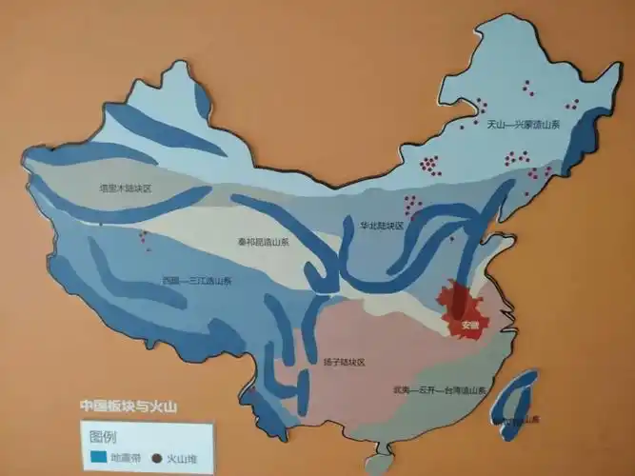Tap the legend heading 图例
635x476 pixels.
[x=103, y=436]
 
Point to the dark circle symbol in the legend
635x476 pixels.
[x=158, y=458]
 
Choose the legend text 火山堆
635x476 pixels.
[x=183, y=458]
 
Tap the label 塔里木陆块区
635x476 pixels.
[x=126, y=188]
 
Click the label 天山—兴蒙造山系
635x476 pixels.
[x=521, y=125]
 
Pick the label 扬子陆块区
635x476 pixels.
[x=345, y=362]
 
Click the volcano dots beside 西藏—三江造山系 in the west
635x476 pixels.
[x=145, y=238]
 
